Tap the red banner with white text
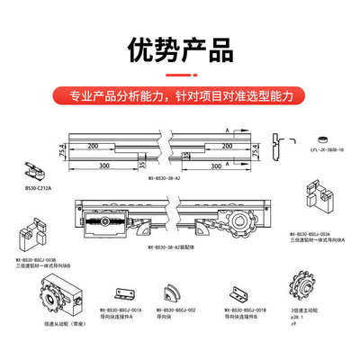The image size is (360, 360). click(x=180, y=93)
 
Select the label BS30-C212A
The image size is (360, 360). click(x=38, y=190)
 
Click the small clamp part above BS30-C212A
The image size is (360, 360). click(x=39, y=171)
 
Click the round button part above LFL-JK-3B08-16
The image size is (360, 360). click(x=294, y=139)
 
